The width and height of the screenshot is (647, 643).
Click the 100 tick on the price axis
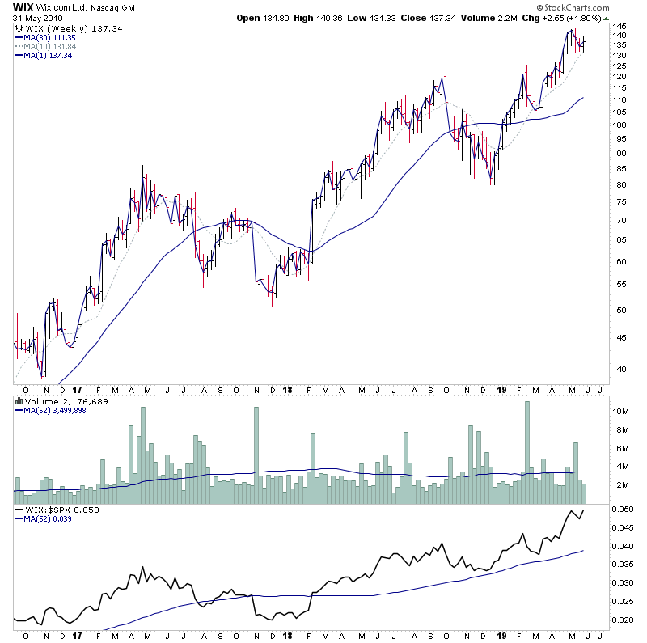[620, 125]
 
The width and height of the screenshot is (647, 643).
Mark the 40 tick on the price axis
[617, 369]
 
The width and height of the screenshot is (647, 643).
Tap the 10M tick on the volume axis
[619, 411]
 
